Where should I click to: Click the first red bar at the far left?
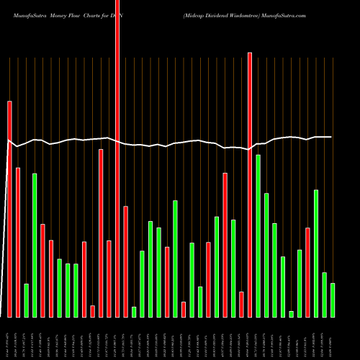9,209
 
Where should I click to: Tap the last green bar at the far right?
333,300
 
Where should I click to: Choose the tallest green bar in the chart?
258,235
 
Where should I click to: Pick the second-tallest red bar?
250,184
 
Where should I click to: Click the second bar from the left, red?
18,242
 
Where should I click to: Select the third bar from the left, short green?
26,300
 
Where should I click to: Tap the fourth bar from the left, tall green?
35,245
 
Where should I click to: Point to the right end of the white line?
331,136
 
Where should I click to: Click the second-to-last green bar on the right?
325,294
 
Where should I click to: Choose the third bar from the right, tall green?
316,253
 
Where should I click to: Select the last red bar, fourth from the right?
307,272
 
